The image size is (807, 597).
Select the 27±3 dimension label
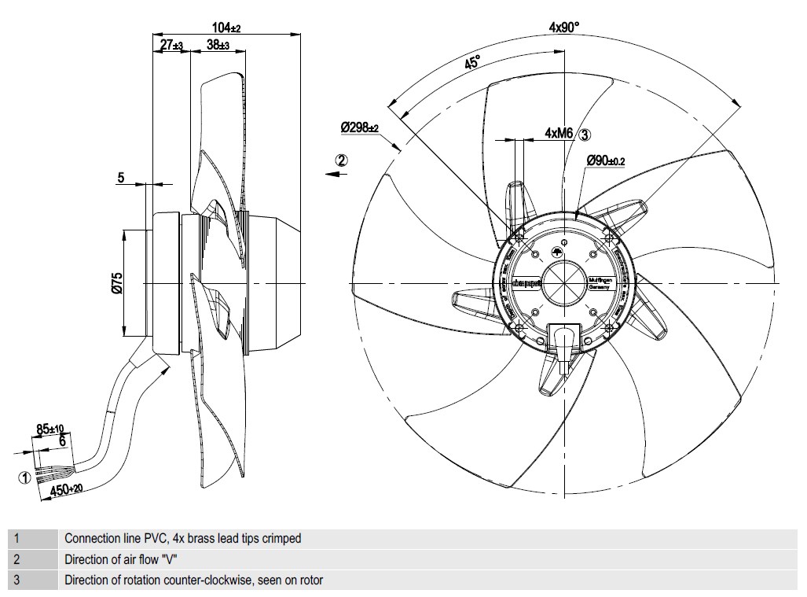click(171, 46)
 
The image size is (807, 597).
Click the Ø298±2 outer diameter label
click(359, 127)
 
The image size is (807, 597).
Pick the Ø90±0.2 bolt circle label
click(605, 160)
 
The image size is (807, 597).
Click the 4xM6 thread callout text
click(559, 134)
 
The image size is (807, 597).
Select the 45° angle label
click(472, 63)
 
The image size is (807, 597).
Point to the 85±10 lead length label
click(50, 429)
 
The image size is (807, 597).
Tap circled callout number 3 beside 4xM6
click(585, 134)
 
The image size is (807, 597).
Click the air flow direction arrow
click(337, 175)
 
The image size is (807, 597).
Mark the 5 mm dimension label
click(121, 179)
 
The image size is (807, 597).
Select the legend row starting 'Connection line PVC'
click(182, 539)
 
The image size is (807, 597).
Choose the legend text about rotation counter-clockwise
click(193, 580)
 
